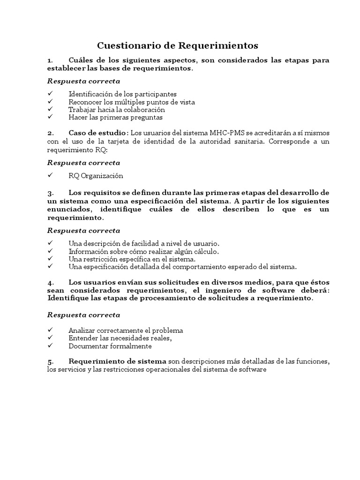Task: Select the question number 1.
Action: click(50, 60)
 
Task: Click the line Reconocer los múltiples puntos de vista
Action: click(131, 102)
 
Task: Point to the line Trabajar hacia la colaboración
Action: click(117, 109)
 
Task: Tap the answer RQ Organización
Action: click(96, 176)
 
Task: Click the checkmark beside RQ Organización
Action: click(51, 176)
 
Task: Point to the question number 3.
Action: click(50, 193)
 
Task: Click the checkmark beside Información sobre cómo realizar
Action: click(51, 251)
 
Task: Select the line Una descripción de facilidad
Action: click(144, 243)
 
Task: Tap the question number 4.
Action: click(50, 283)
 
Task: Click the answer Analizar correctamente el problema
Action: click(126, 330)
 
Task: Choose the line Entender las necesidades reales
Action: click(120, 338)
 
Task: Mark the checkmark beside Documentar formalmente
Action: click(51, 346)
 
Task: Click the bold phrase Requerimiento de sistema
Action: click(117, 361)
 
